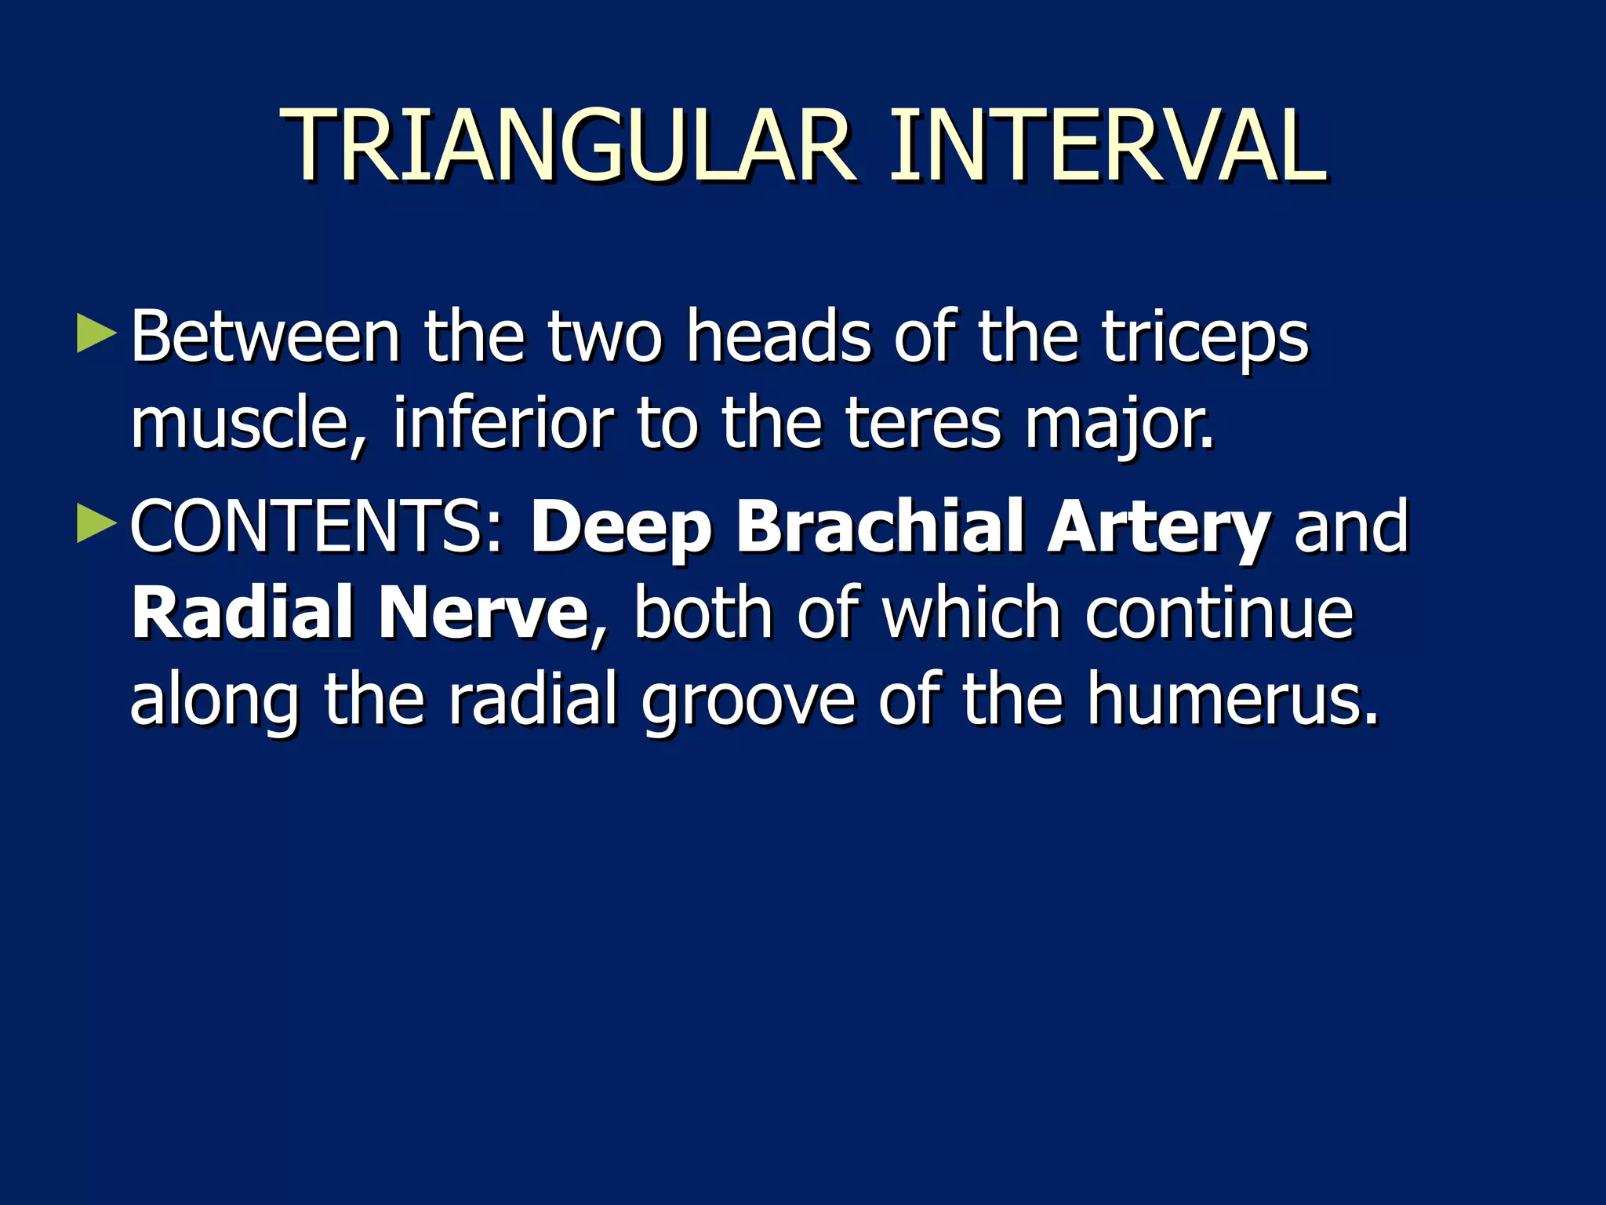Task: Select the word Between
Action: tap(265, 337)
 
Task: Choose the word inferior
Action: tap(502, 424)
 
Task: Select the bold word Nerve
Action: tap(483, 613)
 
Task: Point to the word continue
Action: tap(1219, 613)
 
